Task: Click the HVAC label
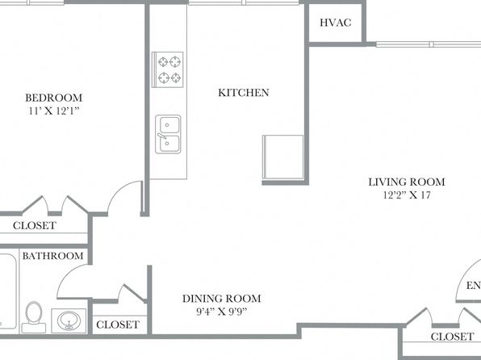tap(335, 23)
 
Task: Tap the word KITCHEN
tap(244, 93)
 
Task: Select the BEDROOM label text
tap(54, 98)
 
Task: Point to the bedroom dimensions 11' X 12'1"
tap(54, 111)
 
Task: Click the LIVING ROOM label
tap(407, 182)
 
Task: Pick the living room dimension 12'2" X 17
tap(407, 195)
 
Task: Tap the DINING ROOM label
tap(221, 299)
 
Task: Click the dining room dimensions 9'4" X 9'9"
tap(221, 312)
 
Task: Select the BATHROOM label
tap(52, 256)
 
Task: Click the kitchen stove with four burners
tap(168, 69)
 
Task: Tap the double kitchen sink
tap(168, 134)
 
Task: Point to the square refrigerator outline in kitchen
tap(283, 157)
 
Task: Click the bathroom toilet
tap(34, 317)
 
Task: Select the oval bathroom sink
tap(69, 320)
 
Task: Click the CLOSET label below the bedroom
tap(35, 225)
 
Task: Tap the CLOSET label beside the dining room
tap(118, 324)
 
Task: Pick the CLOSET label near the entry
tap(452, 337)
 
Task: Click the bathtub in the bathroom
tap(8, 291)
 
